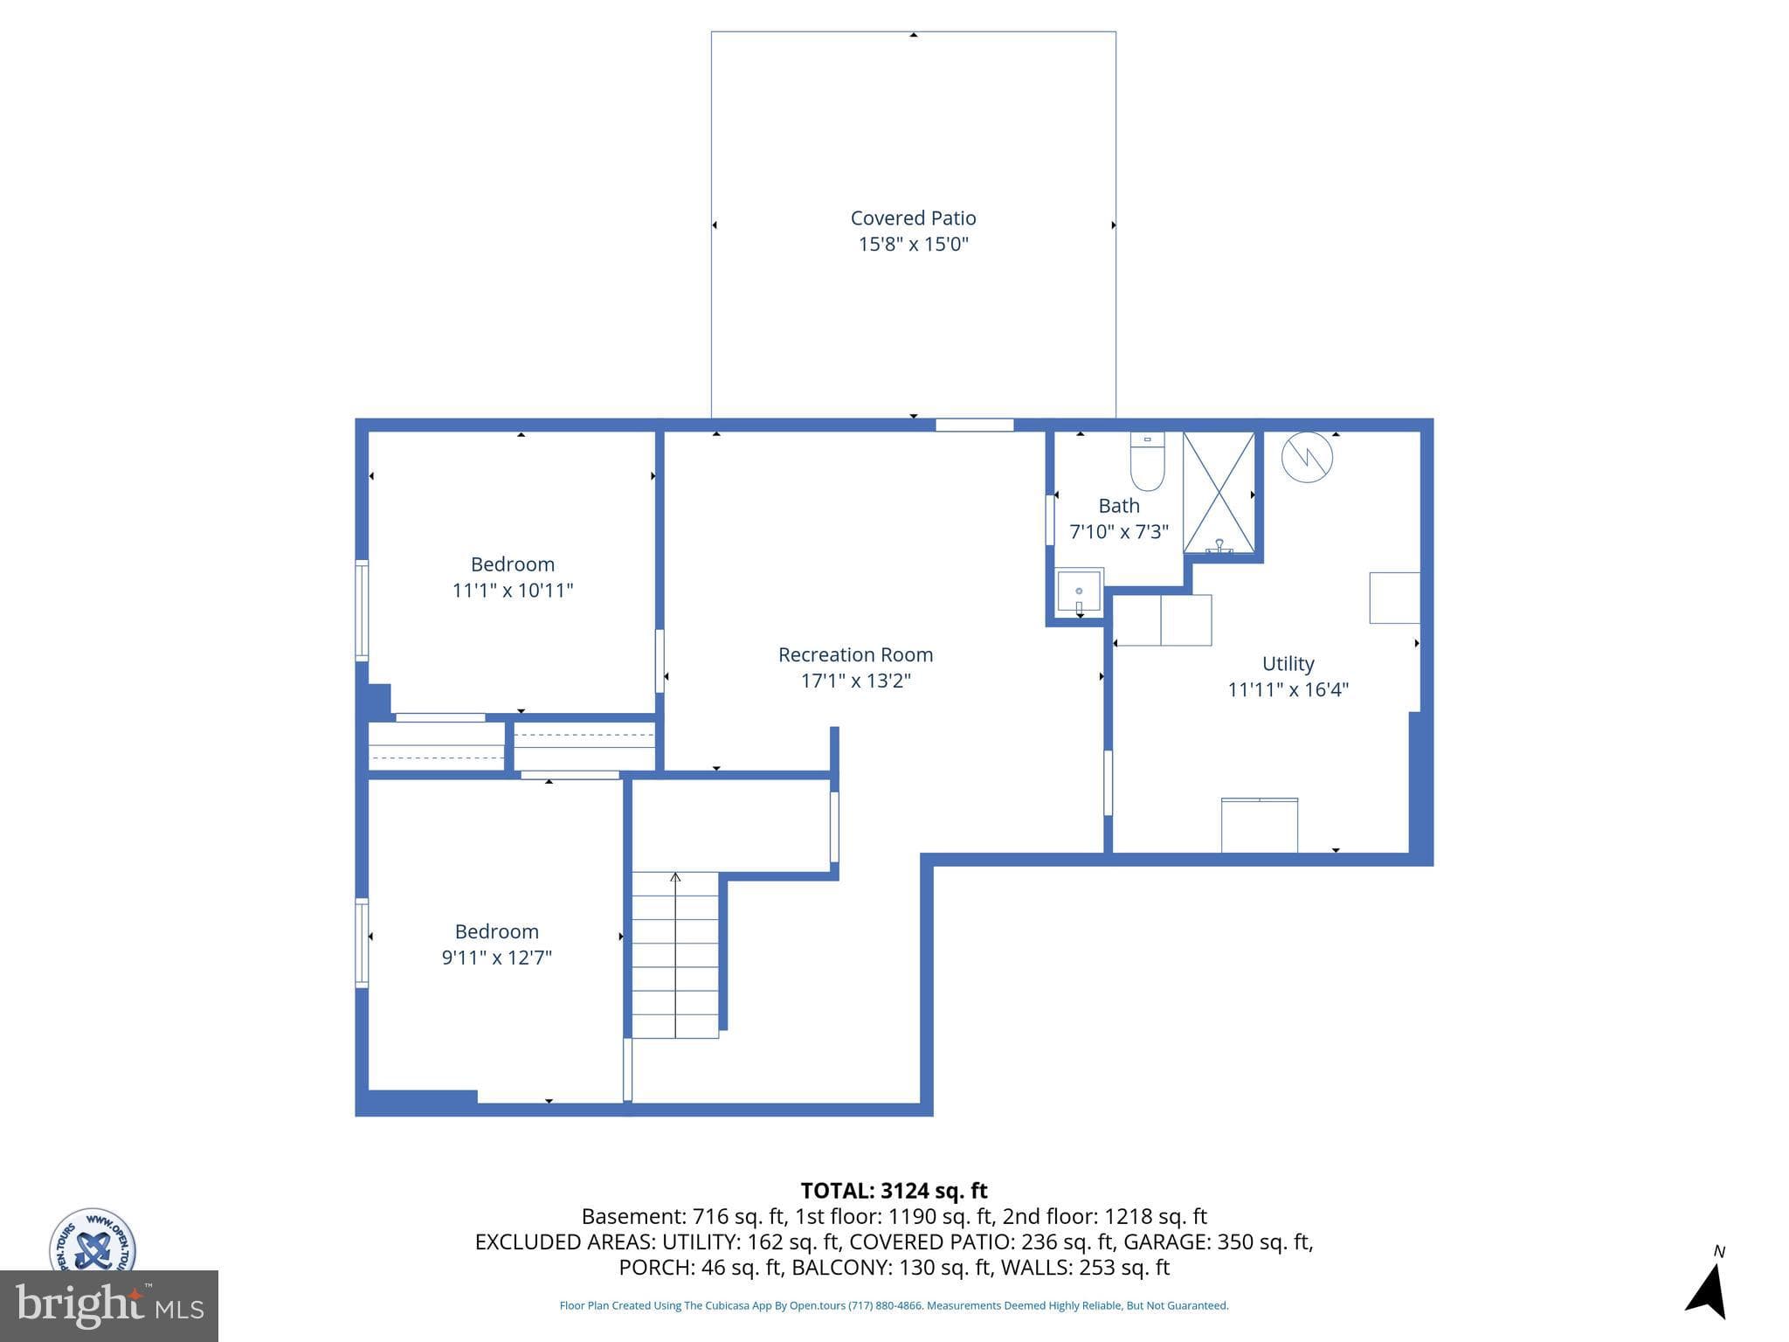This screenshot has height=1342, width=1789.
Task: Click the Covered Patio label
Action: coord(913,218)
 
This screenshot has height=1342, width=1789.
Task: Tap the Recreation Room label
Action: coord(855,654)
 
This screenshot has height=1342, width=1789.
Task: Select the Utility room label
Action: coord(1288,664)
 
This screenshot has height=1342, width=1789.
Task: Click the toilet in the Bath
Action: coord(1147,460)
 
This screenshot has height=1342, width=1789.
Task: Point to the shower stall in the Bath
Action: coord(1219,492)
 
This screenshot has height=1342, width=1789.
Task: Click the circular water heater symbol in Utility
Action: coord(1307,456)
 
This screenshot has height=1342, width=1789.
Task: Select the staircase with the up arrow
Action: coord(675,955)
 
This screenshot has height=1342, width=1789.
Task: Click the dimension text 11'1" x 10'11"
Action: coord(513,591)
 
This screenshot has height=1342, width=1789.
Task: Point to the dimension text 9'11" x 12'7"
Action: coord(496,958)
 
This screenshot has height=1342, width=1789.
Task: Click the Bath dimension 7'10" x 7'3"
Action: coord(1119,532)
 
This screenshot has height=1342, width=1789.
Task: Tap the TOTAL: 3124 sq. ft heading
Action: coord(894,1191)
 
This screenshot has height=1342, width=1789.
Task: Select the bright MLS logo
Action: coord(109,1306)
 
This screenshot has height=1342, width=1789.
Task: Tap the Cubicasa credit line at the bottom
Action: coord(894,1305)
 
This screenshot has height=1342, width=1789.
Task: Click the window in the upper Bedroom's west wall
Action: coord(361,610)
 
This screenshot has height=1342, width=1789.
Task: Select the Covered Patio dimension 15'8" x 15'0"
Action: coord(913,244)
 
